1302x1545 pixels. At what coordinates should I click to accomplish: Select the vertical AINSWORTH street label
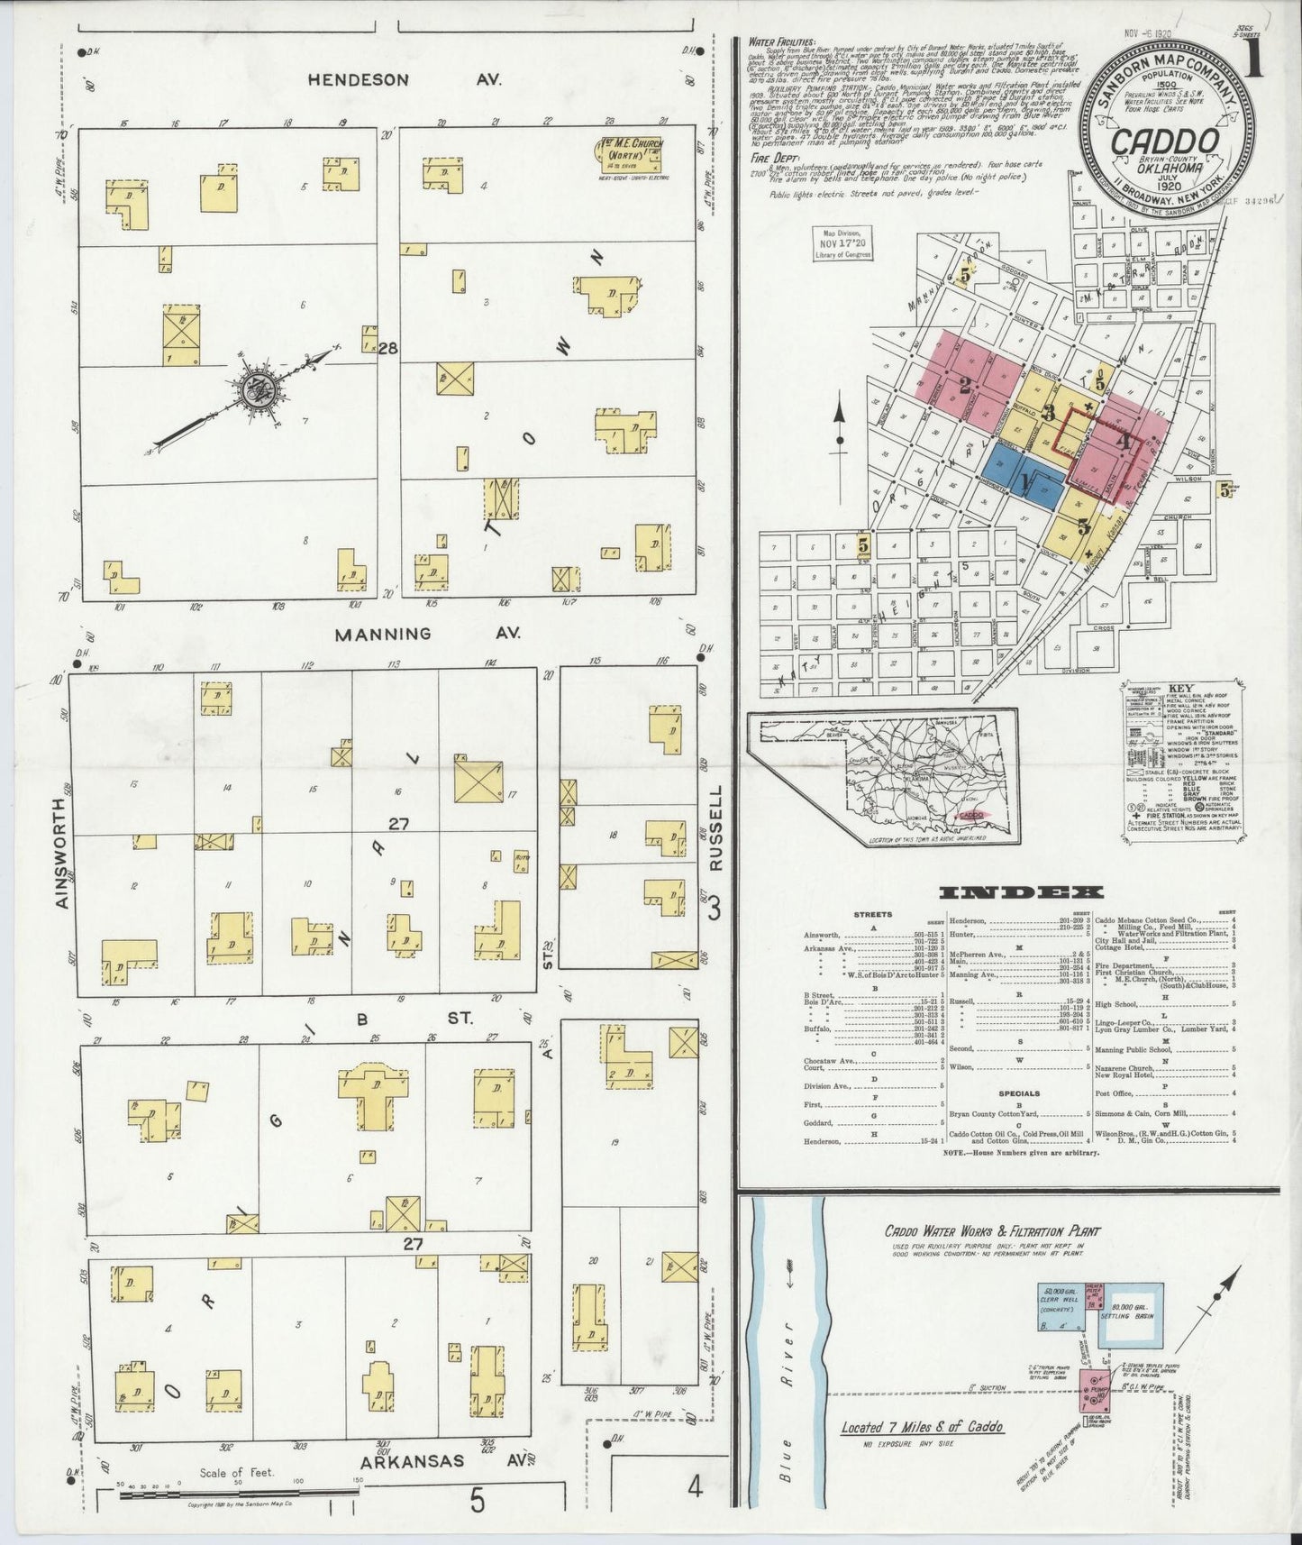[61, 853]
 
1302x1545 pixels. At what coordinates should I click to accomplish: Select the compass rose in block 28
[261, 390]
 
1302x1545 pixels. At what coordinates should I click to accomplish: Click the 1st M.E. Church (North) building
[628, 155]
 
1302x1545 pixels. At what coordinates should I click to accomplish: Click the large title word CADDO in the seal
[1166, 142]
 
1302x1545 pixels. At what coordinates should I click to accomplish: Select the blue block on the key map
[1023, 480]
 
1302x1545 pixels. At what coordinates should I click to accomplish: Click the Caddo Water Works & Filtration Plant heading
[991, 1230]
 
